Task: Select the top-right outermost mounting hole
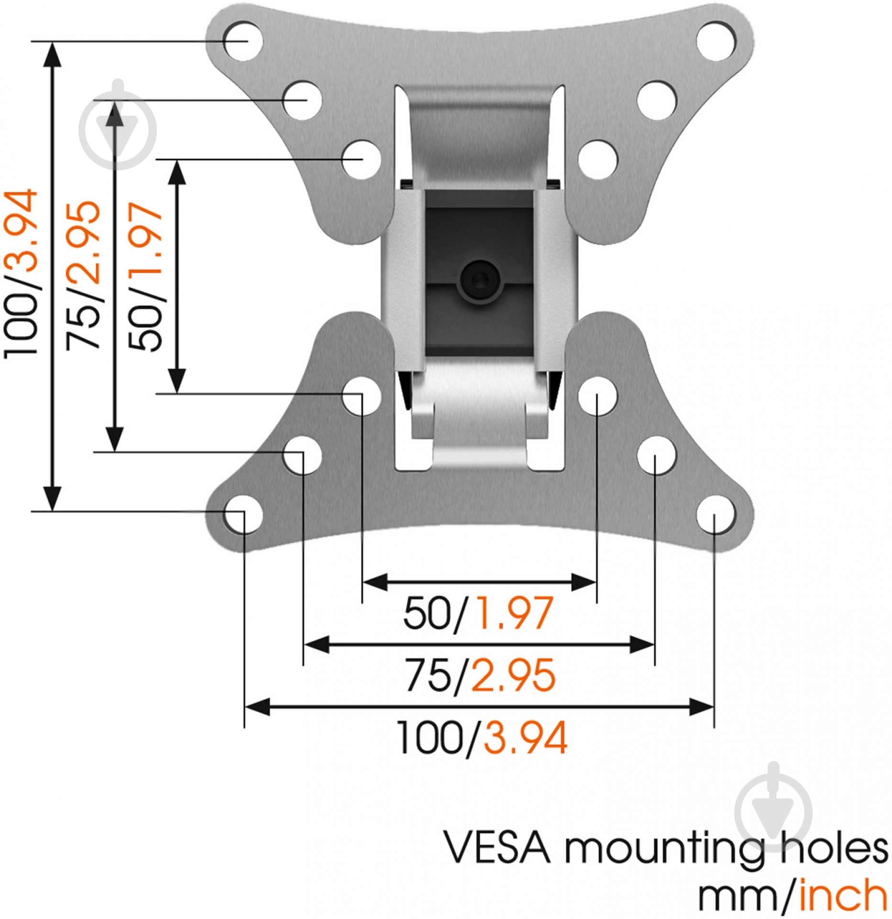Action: tap(716, 40)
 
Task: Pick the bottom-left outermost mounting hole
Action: tap(243, 516)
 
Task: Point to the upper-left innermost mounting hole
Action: tap(362, 159)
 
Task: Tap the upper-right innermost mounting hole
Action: tap(597, 159)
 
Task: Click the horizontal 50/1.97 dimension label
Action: tap(478, 613)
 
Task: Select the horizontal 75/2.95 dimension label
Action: tap(480, 675)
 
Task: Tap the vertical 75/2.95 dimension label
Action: tap(83, 275)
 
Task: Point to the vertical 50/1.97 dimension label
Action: tap(146, 277)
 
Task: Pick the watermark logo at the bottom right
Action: tap(773, 812)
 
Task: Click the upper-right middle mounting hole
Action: tap(656, 101)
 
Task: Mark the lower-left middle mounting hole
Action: tap(302, 455)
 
